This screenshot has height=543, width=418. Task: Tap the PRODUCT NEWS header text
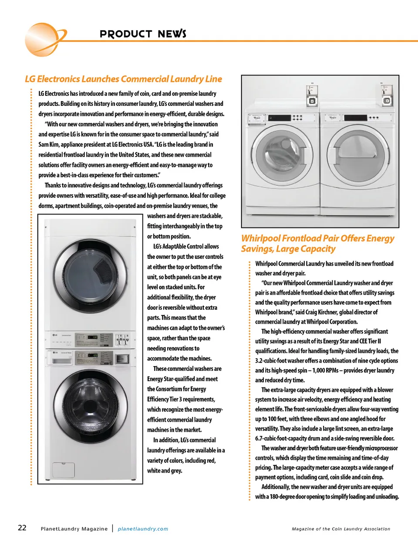tap(143, 34)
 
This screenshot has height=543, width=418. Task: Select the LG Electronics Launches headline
tap(123, 79)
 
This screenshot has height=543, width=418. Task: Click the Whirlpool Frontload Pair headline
tap(317, 244)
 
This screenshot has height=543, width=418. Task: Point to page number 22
tap(22, 528)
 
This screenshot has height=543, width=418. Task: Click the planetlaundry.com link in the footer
tap(143, 529)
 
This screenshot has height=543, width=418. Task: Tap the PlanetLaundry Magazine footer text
tap(74, 529)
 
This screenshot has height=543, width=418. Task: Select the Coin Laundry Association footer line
tap(341, 529)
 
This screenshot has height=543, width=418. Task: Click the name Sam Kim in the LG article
tap(48, 144)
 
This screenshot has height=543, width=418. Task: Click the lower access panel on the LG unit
tap(64, 470)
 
